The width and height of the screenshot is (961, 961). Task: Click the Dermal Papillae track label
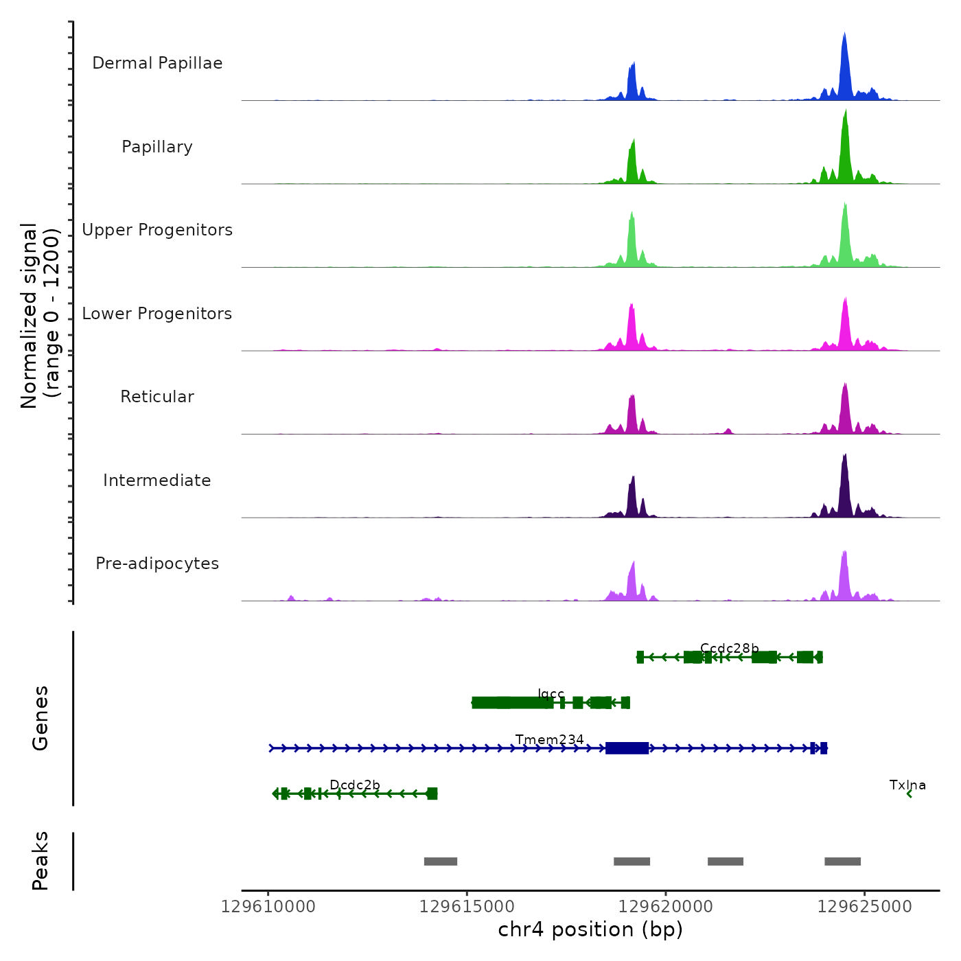point(157,63)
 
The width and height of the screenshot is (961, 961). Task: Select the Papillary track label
point(157,147)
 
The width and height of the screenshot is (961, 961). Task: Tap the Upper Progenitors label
point(157,230)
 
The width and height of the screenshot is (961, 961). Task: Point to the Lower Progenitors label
point(157,314)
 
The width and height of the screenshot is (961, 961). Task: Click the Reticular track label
point(157,397)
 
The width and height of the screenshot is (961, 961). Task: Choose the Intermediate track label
point(157,480)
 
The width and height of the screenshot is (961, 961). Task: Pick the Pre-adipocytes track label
point(157,564)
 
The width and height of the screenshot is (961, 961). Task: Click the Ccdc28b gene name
point(729,648)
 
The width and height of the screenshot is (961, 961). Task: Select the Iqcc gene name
point(551,694)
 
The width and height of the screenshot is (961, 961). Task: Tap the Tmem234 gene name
point(549,739)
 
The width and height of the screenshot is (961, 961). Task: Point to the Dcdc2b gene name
point(355,785)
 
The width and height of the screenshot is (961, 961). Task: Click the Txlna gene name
point(907,785)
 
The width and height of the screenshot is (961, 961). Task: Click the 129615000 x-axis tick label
point(467,907)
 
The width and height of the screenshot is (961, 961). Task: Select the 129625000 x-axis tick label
point(864,907)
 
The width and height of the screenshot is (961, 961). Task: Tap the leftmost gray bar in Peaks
point(441,861)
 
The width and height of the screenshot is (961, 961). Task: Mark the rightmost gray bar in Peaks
point(842,861)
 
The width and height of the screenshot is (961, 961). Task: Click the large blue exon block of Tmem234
point(627,748)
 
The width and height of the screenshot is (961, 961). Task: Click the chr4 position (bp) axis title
point(590,929)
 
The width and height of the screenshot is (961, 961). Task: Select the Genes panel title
point(40,718)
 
